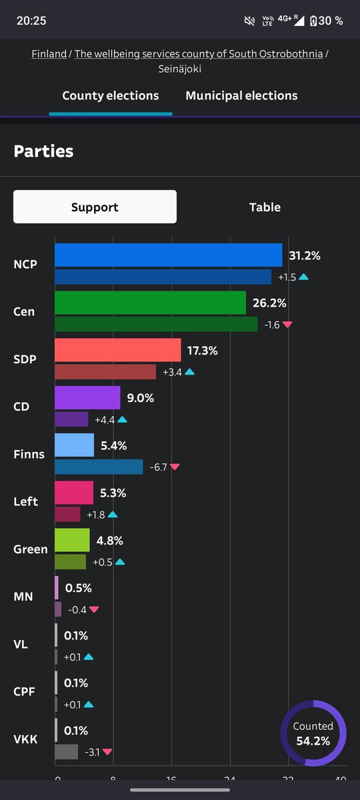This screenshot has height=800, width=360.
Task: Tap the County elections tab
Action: click(x=111, y=96)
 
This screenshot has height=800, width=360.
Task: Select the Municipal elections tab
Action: click(x=241, y=96)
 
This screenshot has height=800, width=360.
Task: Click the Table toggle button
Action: click(x=265, y=207)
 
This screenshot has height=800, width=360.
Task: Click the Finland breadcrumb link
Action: click(x=49, y=54)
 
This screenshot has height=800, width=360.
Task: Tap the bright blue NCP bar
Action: click(x=168, y=255)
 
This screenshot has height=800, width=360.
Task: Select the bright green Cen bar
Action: click(x=150, y=303)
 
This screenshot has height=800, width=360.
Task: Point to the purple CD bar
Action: click(x=87, y=398)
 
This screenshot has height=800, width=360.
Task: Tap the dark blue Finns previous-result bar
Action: click(x=99, y=467)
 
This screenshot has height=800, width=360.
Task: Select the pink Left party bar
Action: click(x=74, y=493)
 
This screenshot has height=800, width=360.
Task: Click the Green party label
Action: click(x=31, y=549)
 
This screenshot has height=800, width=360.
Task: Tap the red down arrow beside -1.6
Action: click(x=287, y=325)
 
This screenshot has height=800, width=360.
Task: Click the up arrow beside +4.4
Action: click(x=122, y=420)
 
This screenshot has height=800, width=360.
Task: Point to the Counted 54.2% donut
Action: click(x=313, y=733)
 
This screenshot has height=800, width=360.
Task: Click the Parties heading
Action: click(x=43, y=151)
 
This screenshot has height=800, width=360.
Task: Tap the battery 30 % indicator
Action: click(x=327, y=21)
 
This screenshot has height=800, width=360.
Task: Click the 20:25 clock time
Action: click(x=31, y=21)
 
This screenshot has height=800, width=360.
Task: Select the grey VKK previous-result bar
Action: click(x=67, y=752)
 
